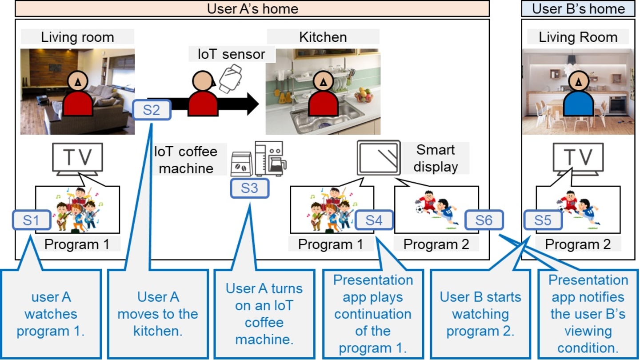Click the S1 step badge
point(31,220)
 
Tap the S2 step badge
point(152,109)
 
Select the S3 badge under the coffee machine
point(250,188)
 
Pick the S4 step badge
point(374,220)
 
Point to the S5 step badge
point(543,220)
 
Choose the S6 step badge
point(484,220)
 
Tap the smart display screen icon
point(379,158)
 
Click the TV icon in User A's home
point(78,158)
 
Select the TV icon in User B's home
point(578,158)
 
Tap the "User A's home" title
point(252,8)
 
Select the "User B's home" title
point(578,8)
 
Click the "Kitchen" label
point(323,37)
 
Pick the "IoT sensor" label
point(232,54)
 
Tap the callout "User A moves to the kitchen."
point(158,313)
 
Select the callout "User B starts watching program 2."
point(480,313)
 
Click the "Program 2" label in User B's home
point(578,244)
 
